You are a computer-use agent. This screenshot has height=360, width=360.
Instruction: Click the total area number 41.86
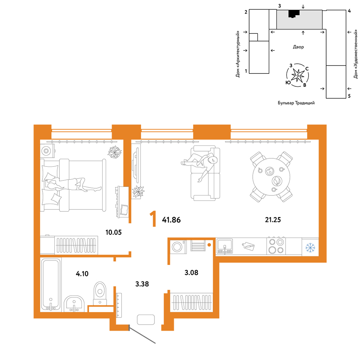(171, 220)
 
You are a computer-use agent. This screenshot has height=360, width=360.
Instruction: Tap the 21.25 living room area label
(273, 220)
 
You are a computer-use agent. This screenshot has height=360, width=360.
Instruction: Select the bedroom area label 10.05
(113, 232)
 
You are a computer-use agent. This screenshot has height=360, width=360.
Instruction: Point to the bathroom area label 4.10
(82, 274)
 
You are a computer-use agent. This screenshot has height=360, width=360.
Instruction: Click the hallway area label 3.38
(142, 284)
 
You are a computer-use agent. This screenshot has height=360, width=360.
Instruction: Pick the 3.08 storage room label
(191, 273)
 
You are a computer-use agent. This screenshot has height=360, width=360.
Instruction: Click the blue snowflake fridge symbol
(310, 248)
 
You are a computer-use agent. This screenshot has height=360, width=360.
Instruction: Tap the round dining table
(271, 177)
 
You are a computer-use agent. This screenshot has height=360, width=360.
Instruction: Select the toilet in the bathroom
(100, 293)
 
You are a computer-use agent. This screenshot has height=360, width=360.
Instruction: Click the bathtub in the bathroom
(51, 284)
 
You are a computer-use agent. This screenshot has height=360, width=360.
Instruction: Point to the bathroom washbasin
(74, 303)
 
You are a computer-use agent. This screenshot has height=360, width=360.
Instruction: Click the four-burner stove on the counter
(276, 246)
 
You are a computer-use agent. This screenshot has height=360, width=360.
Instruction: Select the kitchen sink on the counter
(225, 246)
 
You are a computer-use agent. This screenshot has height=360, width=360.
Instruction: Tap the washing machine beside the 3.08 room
(178, 247)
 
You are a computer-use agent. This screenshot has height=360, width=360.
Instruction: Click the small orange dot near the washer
(209, 245)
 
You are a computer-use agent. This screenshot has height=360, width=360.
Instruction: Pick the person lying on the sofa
(199, 166)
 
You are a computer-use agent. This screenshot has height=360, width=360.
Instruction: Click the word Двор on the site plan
(298, 47)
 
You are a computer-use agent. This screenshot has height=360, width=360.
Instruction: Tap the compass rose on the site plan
(298, 75)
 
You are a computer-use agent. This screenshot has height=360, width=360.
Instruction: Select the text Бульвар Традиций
(296, 103)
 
